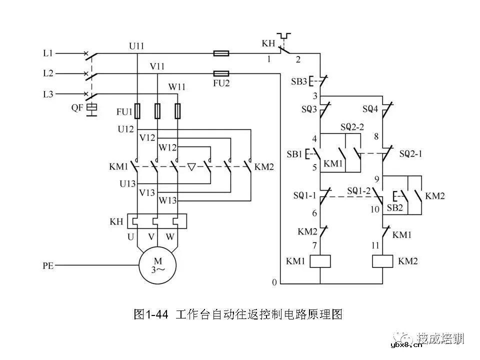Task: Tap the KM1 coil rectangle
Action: [320, 261]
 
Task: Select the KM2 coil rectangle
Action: [383, 261]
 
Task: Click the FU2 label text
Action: [220, 83]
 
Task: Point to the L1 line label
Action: [48, 52]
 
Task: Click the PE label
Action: [48, 267]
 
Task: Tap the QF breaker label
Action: [77, 107]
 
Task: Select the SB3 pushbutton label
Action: [299, 81]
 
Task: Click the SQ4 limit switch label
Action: [370, 108]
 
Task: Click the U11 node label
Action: [136, 46]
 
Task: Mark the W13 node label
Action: [168, 200]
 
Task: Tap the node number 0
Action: [274, 283]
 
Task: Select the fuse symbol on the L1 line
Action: [221, 53]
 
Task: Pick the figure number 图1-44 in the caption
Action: [152, 314]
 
